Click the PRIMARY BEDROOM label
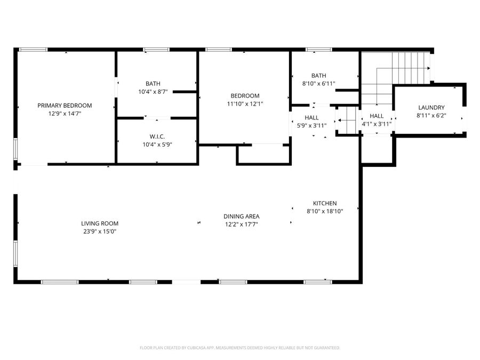click(65, 105)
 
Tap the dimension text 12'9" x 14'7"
click(65, 113)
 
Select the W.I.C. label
click(157, 136)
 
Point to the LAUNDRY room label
click(431, 107)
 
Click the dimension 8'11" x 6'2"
click(431, 115)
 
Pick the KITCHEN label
click(324, 203)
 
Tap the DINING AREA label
click(241, 216)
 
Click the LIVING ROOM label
click(100, 223)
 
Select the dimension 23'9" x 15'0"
click(100, 231)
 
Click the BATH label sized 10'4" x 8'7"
click(153, 84)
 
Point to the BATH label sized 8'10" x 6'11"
click(318, 76)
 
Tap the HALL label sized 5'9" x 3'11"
click(311, 117)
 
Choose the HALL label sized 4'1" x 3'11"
click(377, 116)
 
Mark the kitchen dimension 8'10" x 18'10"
click(324, 211)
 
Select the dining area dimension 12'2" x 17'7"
click(241, 224)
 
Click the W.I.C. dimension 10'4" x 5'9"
click(157, 144)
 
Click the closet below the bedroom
click(263, 154)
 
